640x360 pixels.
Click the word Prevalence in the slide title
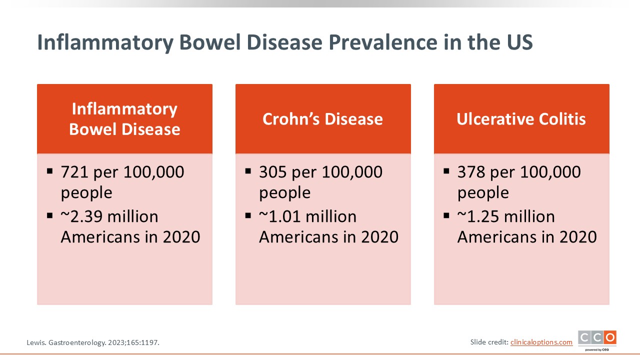point(383,42)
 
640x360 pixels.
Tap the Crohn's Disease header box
point(323,119)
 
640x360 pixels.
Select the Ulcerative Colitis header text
point(521,119)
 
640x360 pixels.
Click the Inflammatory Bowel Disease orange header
point(124,119)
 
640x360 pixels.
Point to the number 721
point(74,172)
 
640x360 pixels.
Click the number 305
point(273,172)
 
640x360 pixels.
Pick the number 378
point(471,172)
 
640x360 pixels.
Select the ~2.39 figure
point(81,216)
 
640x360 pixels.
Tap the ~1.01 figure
point(279,216)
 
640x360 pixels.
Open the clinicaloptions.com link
point(541,342)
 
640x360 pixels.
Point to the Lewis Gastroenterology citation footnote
point(93,342)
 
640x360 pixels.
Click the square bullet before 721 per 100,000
point(49,171)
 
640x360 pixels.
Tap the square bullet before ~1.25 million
point(446,215)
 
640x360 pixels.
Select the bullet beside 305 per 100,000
point(248,171)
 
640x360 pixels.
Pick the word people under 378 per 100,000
point(483,193)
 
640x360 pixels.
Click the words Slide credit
point(489,342)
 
